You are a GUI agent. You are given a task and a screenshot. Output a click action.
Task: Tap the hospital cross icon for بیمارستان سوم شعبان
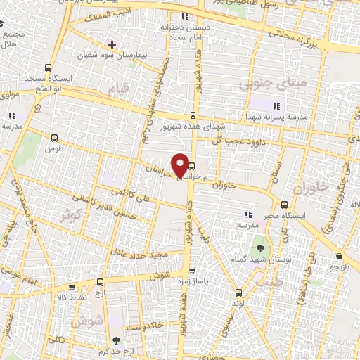(x=112, y=44)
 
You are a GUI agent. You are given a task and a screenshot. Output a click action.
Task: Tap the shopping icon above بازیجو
(x=340, y=257)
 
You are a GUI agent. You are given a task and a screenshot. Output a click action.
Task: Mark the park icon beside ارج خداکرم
(x=117, y=340)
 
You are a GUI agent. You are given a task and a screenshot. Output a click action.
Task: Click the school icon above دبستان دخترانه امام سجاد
(x=184, y=16)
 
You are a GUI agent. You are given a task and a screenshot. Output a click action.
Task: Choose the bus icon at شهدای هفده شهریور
(x=193, y=115)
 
